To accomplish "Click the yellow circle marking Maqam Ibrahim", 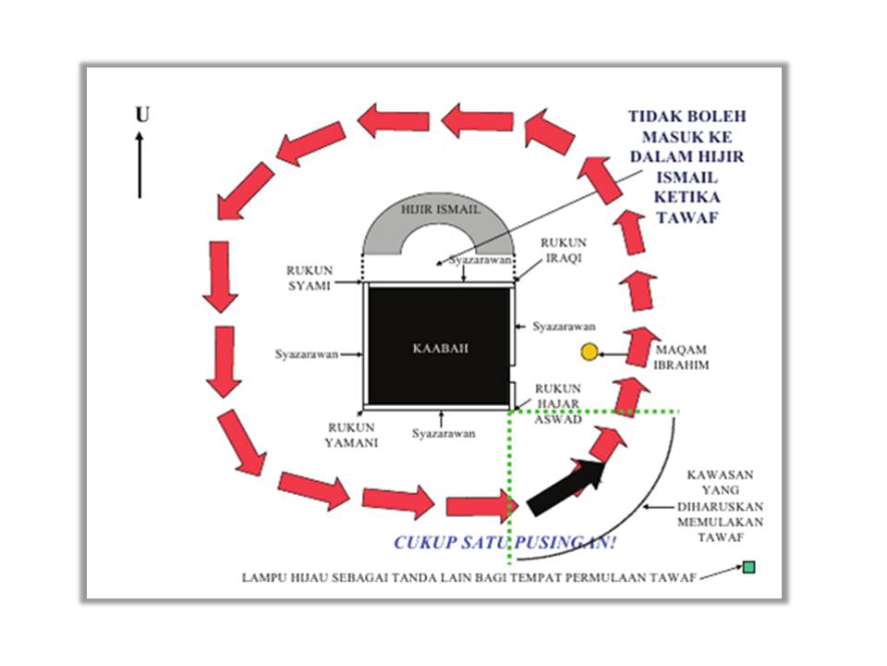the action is [589, 351].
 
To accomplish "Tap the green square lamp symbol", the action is [748, 566].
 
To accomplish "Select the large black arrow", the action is [565, 488].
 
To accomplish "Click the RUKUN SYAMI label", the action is [308, 277].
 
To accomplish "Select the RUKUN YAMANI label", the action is [350, 435].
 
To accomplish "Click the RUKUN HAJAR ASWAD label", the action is [557, 403].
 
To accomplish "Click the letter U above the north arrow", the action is [142, 115].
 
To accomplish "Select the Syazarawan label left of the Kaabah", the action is [306, 353].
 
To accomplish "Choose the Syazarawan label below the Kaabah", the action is [443, 433].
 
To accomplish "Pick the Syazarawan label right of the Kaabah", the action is [564, 327].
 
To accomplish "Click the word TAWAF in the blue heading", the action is [687, 217].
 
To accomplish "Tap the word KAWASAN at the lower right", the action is [718, 475].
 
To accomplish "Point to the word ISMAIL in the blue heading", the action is [687, 177].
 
